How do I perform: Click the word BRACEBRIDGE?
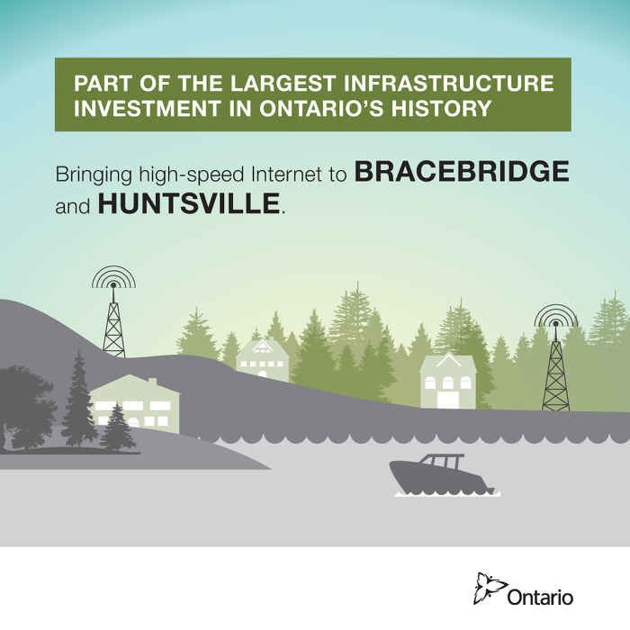(x=462, y=172)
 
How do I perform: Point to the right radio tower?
(x=555, y=369)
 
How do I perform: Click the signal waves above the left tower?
(x=113, y=277)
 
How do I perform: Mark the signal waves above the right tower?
(x=555, y=316)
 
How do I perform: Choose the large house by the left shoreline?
(x=135, y=402)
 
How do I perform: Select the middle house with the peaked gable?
(x=262, y=359)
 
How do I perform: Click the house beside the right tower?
(x=447, y=381)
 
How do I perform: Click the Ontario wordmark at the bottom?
(x=540, y=596)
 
